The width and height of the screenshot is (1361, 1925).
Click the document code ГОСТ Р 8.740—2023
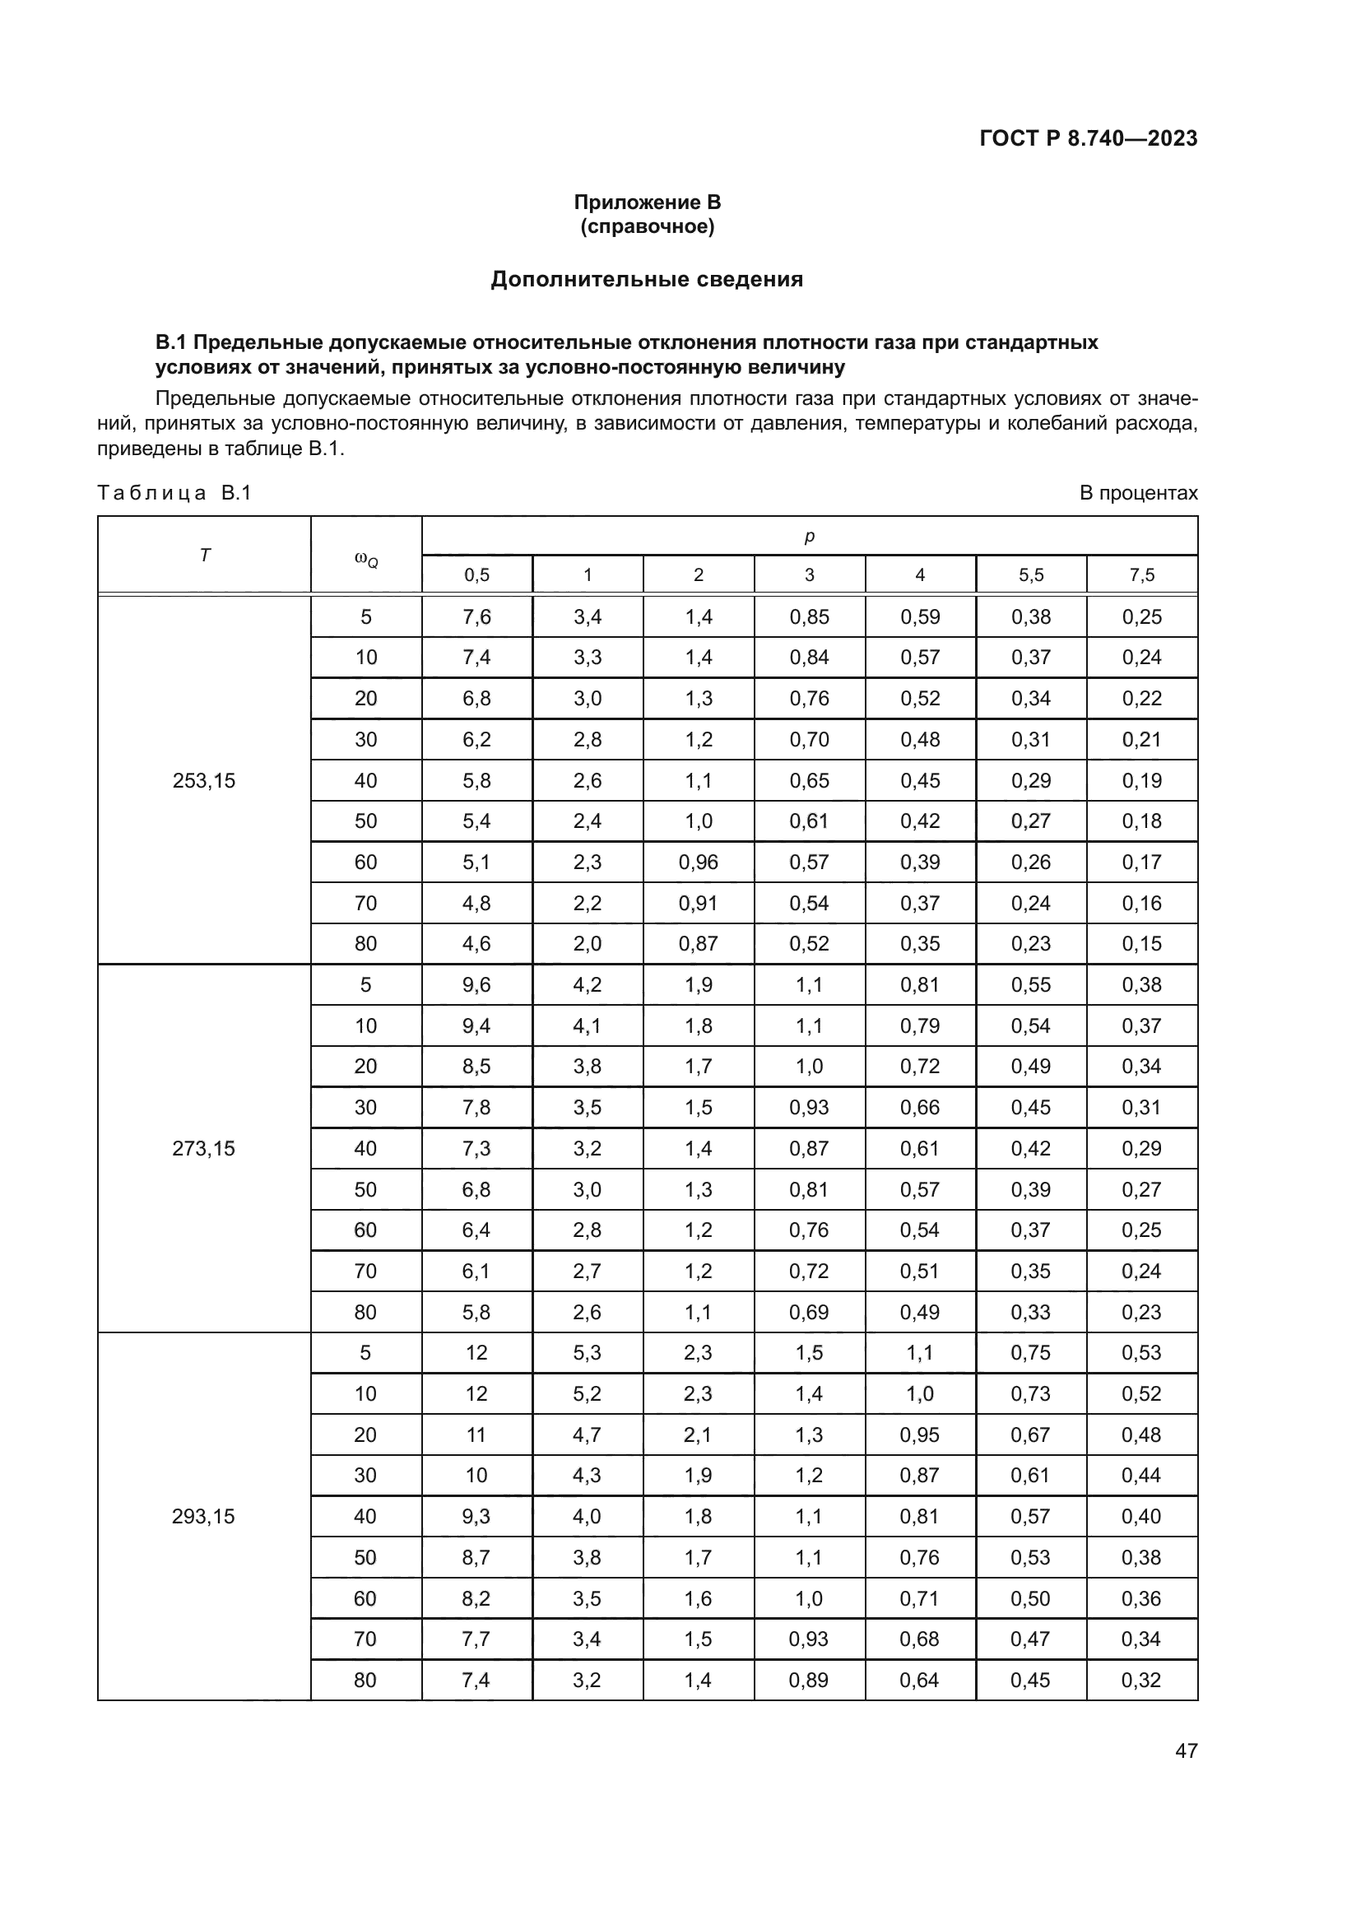1088,138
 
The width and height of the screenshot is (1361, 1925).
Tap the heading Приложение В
647,202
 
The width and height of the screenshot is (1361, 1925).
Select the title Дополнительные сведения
646,279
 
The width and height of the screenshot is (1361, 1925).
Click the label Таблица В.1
174,493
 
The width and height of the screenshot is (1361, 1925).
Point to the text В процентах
1138,493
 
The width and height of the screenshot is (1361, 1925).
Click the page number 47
1186,1751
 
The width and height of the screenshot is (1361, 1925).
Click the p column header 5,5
1031,575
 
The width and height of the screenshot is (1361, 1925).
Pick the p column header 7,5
1141,575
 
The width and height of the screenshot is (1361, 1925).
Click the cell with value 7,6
477,617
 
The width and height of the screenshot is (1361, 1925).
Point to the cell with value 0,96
698,862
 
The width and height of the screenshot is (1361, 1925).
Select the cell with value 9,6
477,984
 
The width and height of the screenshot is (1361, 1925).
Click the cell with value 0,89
809,1680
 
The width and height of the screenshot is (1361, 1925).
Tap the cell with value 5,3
588,1352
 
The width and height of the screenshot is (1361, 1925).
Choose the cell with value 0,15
1141,943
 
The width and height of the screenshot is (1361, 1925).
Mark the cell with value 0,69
809,1312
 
